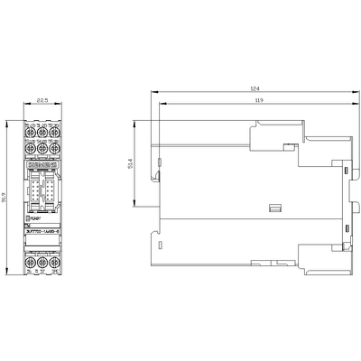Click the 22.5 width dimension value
[x=42, y=102]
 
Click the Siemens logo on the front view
[x=42, y=167]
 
